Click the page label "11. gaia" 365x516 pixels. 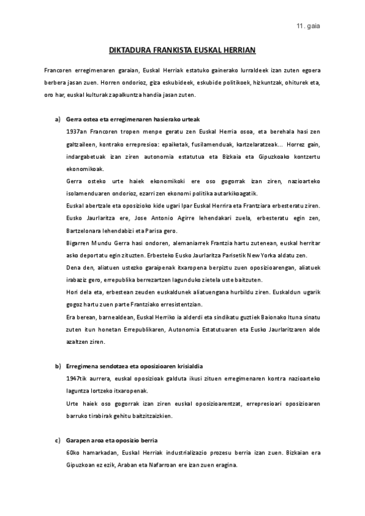click(308, 26)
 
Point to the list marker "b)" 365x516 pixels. click(58, 366)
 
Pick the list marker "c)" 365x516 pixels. click(58, 440)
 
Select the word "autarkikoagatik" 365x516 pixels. click(232, 193)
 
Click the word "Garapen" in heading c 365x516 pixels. click(77, 440)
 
